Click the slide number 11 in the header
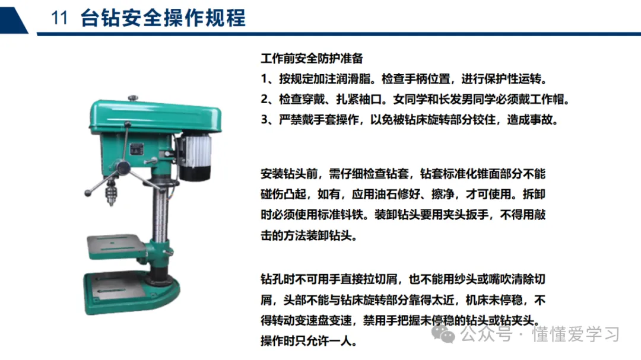pos(59,18)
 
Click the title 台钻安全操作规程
pos(163,18)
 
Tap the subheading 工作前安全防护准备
pos(312,59)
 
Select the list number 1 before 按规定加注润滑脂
pos(264,79)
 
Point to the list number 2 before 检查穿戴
pos(265,99)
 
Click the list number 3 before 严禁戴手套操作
pos(265,120)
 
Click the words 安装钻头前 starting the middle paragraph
pos(289,174)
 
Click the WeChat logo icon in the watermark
pos(443,334)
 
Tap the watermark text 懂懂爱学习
pos(576,334)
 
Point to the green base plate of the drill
pos(132,292)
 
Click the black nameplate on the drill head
pos(137,148)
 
